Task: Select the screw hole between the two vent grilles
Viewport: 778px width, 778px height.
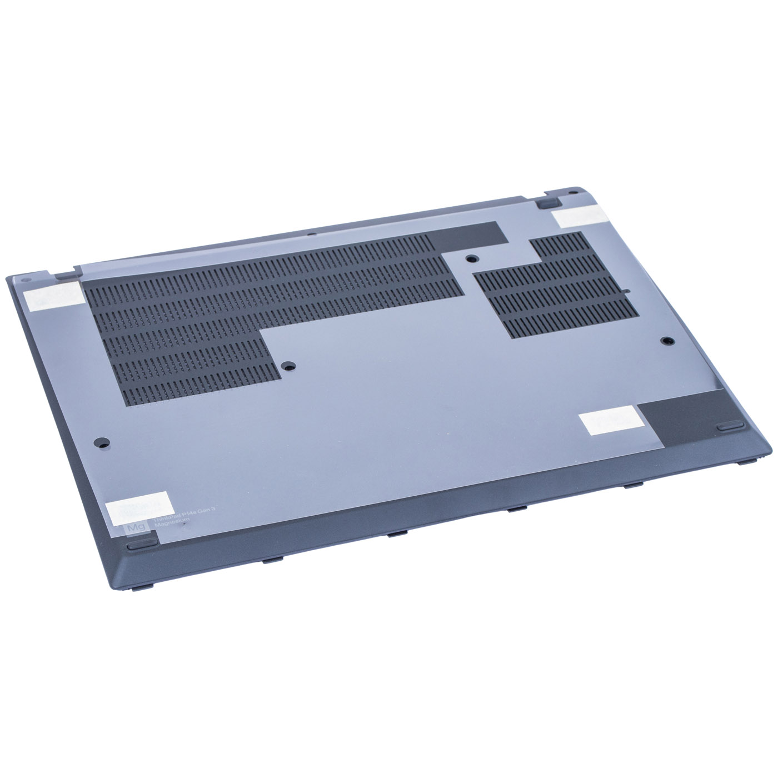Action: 471,258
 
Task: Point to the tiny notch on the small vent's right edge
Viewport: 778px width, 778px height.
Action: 626,290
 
